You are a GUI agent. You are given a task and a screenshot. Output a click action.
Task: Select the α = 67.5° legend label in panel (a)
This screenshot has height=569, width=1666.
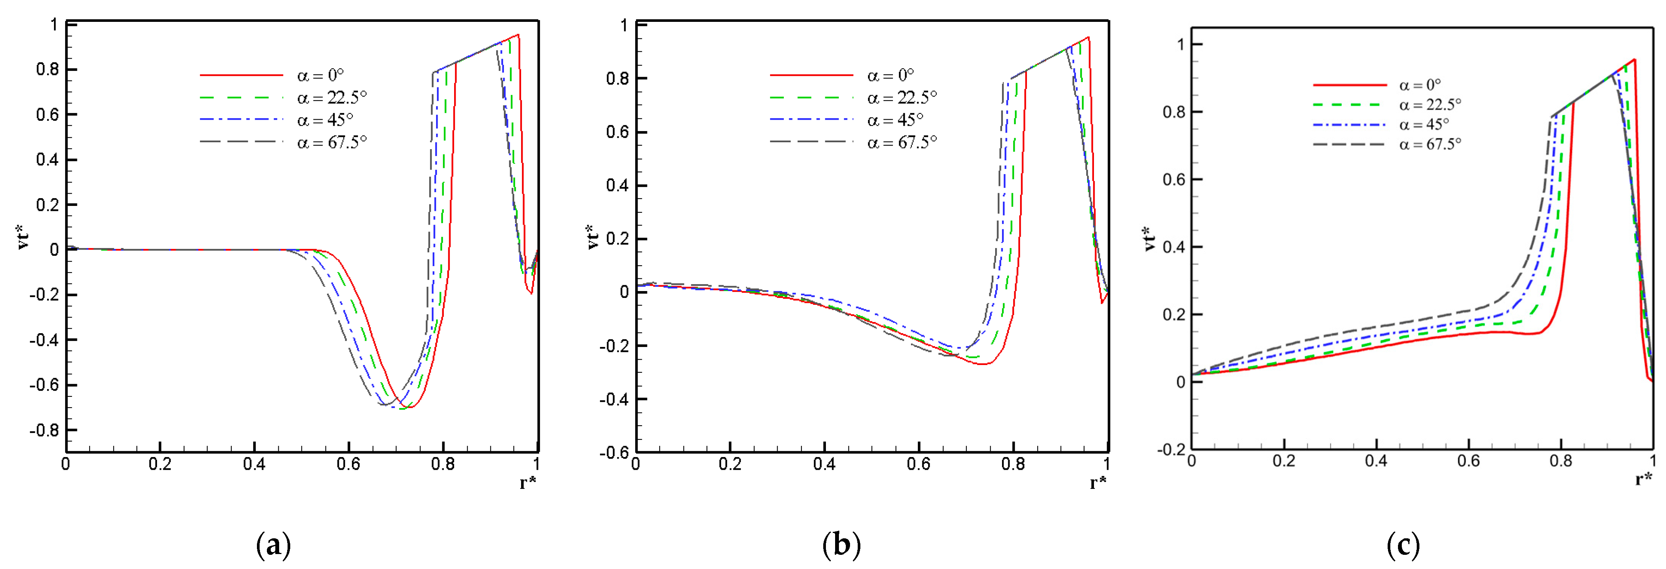coord(332,142)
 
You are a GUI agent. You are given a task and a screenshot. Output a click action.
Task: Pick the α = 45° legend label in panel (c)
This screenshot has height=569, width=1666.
coord(1424,123)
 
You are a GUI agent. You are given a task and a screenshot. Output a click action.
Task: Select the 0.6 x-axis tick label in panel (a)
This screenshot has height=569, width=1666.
coord(348,464)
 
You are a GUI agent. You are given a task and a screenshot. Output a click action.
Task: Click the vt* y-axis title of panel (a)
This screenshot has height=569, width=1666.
coord(24,238)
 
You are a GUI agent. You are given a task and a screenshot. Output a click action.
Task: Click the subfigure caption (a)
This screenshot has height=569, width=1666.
coord(273,545)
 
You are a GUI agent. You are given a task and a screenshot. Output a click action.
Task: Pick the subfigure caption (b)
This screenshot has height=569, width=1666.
coord(841,545)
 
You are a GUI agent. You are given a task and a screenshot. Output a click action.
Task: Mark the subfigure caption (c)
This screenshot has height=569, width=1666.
coord(1403,545)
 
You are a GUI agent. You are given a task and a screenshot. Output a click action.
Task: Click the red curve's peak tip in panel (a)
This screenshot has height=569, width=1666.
coord(518,35)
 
